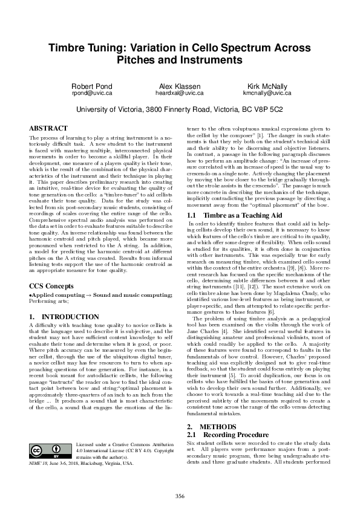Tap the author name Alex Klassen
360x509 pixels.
point(179,86)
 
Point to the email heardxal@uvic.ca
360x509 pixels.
point(179,94)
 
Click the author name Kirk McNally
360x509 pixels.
point(267,86)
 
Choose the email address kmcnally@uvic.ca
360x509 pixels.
point(267,94)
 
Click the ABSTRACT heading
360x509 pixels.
point(48,128)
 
